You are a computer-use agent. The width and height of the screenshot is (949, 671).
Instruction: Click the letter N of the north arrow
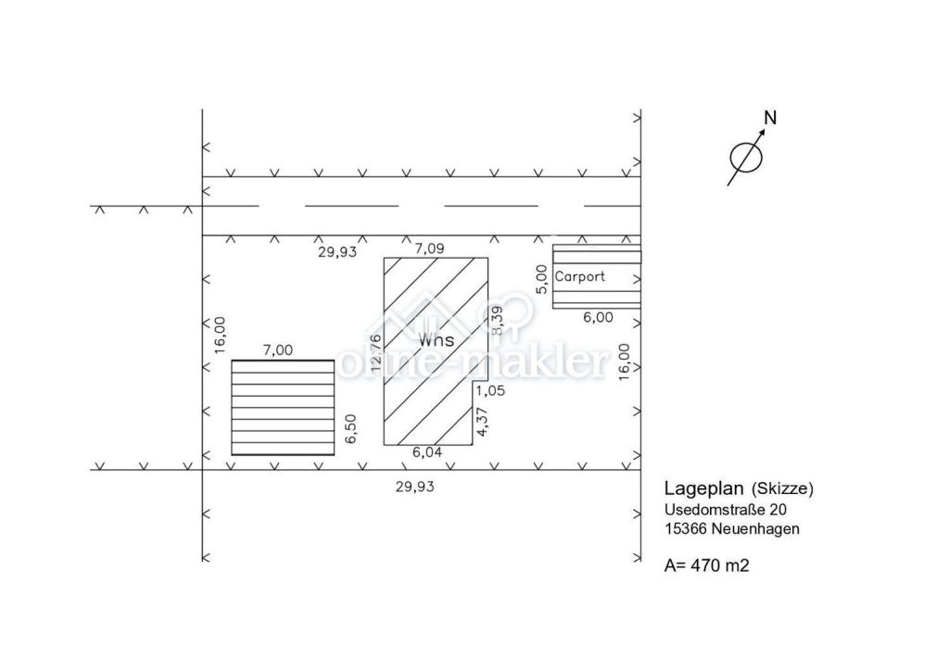point(770,118)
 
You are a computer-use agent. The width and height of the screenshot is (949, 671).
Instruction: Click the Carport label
point(579,276)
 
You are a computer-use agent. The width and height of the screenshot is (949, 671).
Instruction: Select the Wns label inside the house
point(436,339)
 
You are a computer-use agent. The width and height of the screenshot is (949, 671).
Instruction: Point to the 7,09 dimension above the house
point(429,248)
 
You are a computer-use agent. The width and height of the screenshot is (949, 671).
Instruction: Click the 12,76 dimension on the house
point(376,353)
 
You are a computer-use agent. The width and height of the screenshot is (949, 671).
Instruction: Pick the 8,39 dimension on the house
point(497,320)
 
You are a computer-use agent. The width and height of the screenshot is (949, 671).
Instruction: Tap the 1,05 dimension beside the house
point(490,391)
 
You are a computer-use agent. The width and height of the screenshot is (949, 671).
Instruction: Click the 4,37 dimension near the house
point(482,421)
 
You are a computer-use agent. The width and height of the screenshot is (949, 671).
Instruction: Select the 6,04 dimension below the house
point(427,452)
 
